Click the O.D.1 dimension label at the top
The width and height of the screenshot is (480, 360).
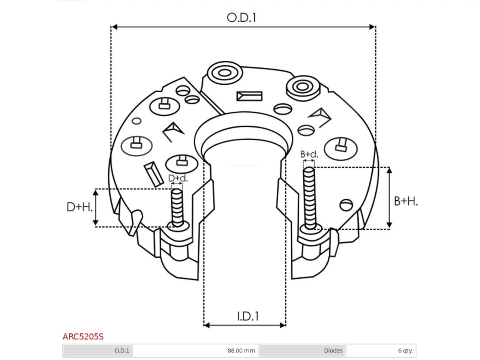[x=241, y=18]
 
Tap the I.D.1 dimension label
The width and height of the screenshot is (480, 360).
[x=247, y=316]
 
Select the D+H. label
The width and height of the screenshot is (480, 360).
[x=79, y=207]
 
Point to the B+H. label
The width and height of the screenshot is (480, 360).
[x=406, y=201]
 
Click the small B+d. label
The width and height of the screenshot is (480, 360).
[x=309, y=154]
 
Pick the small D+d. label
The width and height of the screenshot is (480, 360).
[x=178, y=178]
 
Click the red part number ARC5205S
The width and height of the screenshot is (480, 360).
[x=83, y=337]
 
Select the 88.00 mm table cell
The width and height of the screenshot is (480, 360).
[x=241, y=351]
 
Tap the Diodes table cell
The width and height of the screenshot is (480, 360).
[x=333, y=351]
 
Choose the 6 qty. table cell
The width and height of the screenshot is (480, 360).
[x=405, y=351]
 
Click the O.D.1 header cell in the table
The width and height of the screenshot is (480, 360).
[x=122, y=351]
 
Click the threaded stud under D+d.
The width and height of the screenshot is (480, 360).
[x=177, y=208]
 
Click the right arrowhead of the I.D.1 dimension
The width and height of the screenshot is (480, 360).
[x=282, y=325]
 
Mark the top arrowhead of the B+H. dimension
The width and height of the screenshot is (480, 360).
[x=389, y=171]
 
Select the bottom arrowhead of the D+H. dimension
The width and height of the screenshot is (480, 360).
[x=96, y=222]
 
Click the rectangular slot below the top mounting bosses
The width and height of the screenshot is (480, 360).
[x=249, y=96]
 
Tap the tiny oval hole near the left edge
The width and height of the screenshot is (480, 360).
[x=136, y=121]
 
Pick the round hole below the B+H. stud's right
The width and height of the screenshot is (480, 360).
[x=346, y=205]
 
